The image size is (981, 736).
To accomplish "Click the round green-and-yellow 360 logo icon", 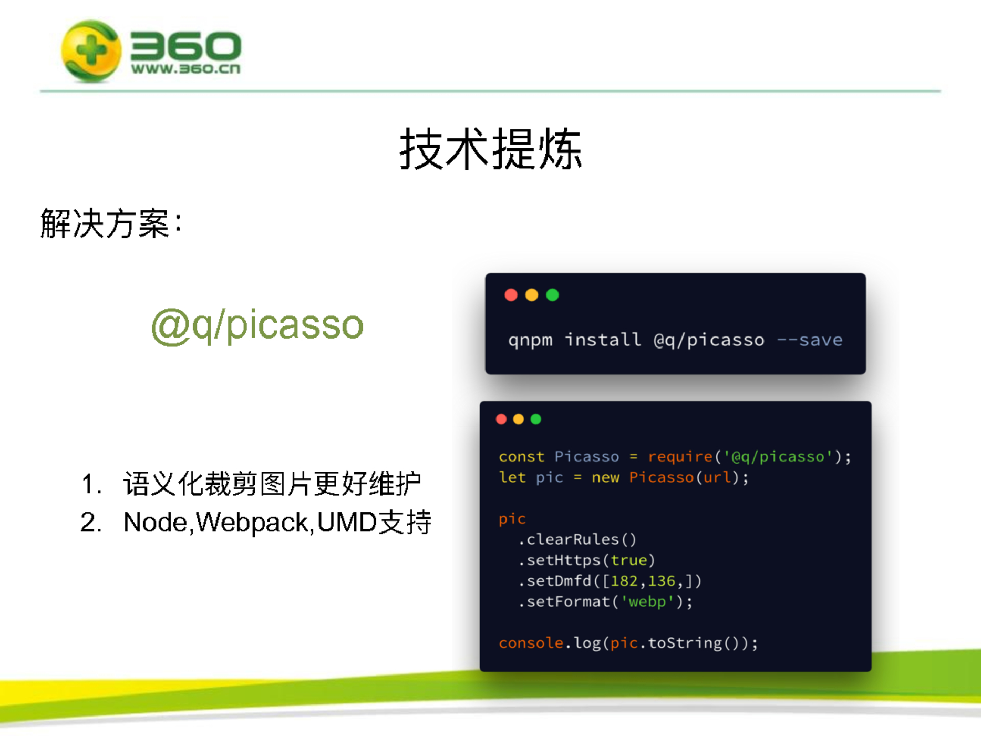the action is pos(91,51).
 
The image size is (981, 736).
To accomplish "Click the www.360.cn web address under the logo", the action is pos(185,69).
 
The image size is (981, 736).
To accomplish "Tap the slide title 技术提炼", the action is pos(490,149).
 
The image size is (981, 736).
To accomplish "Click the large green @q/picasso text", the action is pos(257,325).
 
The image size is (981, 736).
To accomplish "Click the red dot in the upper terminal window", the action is pos(511,295).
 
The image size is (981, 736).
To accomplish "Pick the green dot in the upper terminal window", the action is pos(552,295).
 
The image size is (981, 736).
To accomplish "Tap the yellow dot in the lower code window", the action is pos(519,419).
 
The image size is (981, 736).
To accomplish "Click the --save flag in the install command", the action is pos(810,340).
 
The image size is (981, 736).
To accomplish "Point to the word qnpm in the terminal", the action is pos(530,341).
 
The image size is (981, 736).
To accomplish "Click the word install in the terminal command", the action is pos(603,340).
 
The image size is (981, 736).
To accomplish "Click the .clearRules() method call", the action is pos(577,539).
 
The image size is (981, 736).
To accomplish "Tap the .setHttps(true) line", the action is pos(586,560).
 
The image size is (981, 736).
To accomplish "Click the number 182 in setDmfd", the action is pos(624,581).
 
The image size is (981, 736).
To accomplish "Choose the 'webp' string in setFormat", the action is pos(647,601).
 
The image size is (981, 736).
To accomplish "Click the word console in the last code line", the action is pos(531,643).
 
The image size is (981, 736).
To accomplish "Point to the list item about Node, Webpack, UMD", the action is pos(256,522).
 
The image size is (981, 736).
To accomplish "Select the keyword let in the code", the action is pos(512,477).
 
